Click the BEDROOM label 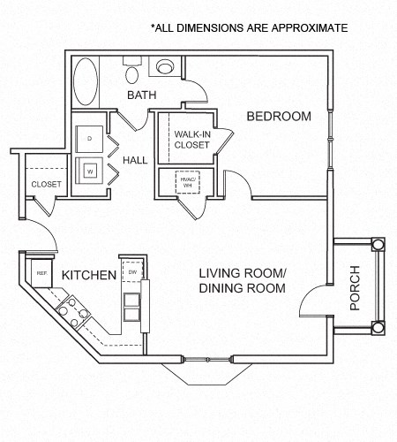(x=279, y=116)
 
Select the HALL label (x=135, y=160)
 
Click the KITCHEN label (x=88, y=276)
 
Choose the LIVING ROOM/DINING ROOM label (x=242, y=281)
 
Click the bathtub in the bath (x=86, y=82)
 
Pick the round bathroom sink (x=163, y=66)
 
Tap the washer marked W (x=90, y=170)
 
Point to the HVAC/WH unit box (x=187, y=183)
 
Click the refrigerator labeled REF (x=41, y=272)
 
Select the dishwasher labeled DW (x=132, y=271)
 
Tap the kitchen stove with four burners (x=72, y=309)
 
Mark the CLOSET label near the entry (x=46, y=184)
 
